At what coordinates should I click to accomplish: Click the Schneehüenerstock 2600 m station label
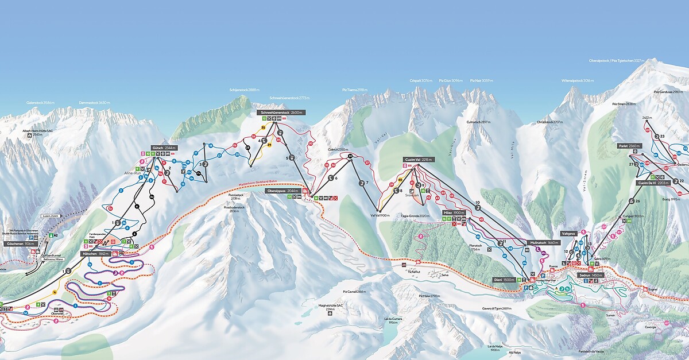pos(281,113)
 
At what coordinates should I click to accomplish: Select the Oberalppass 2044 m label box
pos(284,191)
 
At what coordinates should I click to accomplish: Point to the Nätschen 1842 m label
pos(95,254)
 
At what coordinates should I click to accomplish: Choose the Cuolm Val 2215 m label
pos(419,159)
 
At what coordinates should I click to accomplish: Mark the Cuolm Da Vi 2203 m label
pos(653,183)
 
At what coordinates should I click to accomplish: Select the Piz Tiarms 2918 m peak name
pos(354,90)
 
